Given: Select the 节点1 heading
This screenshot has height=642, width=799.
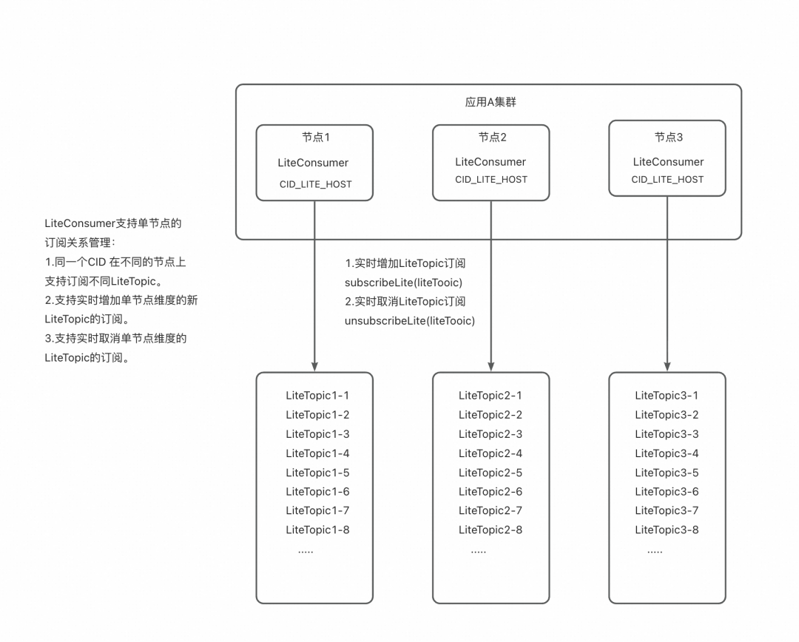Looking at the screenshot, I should (x=315, y=138).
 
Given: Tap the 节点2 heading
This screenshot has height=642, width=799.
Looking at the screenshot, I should (x=492, y=137).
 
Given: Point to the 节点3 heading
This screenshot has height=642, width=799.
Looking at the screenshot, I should (x=668, y=137).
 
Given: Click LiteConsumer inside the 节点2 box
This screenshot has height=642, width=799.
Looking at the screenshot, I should (x=490, y=161).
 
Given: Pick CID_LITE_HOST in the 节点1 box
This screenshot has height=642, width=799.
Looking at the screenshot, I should (x=315, y=183).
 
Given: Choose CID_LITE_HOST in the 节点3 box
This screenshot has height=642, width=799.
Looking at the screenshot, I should (x=667, y=179).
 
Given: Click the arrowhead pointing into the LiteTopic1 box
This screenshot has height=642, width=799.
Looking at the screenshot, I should (x=315, y=366).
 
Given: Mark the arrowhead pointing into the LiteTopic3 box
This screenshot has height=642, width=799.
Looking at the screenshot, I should (x=667, y=366).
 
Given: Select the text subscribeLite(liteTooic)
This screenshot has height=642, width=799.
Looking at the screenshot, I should (x=403, y=283).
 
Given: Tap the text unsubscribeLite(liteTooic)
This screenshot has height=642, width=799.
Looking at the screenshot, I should (x=410, y=321).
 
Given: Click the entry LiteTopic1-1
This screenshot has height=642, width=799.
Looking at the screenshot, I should (x=317, y=396).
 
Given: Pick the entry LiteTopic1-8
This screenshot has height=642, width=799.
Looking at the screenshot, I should (x=317, y=530).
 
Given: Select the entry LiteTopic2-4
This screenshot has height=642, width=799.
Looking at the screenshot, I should (x=490, y=453).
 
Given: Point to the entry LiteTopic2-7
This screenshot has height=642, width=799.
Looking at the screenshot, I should (x=490, y=510).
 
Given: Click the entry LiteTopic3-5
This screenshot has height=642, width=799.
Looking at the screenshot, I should (x=667, y=473).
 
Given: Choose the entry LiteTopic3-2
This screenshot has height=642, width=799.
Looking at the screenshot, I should (x=667, y=415).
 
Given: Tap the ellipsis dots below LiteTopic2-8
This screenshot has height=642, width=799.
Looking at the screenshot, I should (x=478, y=552).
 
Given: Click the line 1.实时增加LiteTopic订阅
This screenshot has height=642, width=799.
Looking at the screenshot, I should (x=405, y=263).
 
